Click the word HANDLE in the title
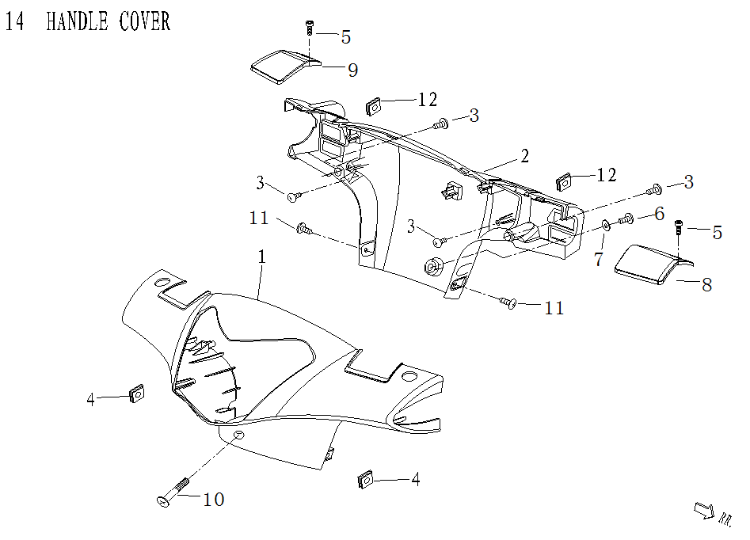tap(77, 21)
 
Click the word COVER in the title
tap(145, 21)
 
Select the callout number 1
tap(261, 257)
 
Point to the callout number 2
tap(524, 155)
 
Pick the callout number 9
tap(352, 70)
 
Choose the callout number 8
tap(707, 284)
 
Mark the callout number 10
tap(214, 500)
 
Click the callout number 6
tap(658, 215)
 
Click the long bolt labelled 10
tap(174, 491)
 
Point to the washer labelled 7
tap(606, 225)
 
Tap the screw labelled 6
tap(626, 219)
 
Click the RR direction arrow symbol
tap(702, 511)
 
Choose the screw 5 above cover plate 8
tap(680, 226)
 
